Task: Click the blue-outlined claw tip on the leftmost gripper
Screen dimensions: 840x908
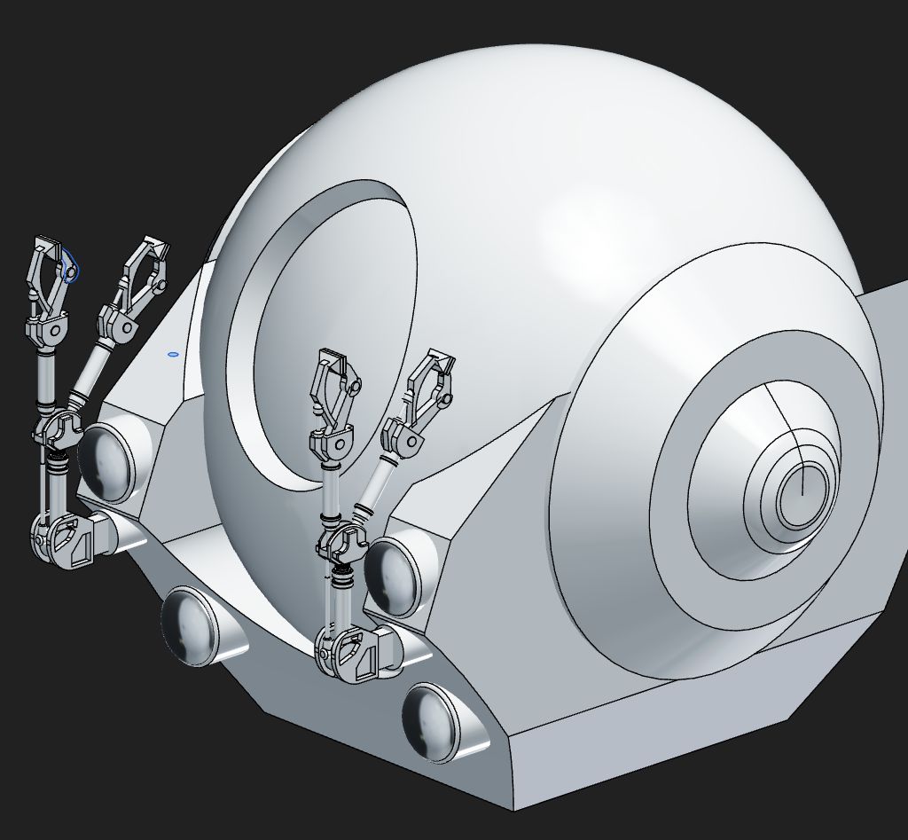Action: coord(70,266)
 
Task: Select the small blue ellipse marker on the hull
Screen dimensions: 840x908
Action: coord(173,354)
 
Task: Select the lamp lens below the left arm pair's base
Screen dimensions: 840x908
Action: coord(189,625)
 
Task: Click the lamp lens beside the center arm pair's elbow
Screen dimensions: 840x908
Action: coord(393,575)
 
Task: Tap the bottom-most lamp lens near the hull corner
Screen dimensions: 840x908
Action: coord(434,721)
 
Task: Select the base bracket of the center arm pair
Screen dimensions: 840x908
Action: coord(350,654)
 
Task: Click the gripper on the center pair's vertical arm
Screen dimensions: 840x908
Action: coord(332,387)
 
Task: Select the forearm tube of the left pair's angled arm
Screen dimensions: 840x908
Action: coord(90,373)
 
